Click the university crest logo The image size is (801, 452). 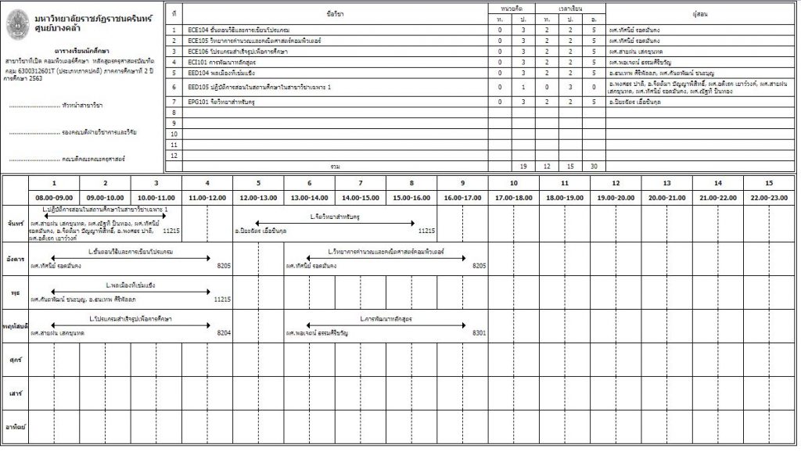[15, 20]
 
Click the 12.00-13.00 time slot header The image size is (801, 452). [257, 198]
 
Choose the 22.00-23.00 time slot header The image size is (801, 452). [769, 198]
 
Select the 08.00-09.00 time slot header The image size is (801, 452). [54, 198]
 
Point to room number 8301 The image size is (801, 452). [479, 333]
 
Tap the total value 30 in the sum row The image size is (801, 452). [594, 167]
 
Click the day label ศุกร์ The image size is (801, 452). [14, 359]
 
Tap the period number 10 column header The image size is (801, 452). [514, 183]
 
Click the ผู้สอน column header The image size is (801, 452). [701, 13]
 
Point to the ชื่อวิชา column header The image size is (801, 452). [334, 13]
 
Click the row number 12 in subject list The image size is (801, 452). [174, 156]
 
